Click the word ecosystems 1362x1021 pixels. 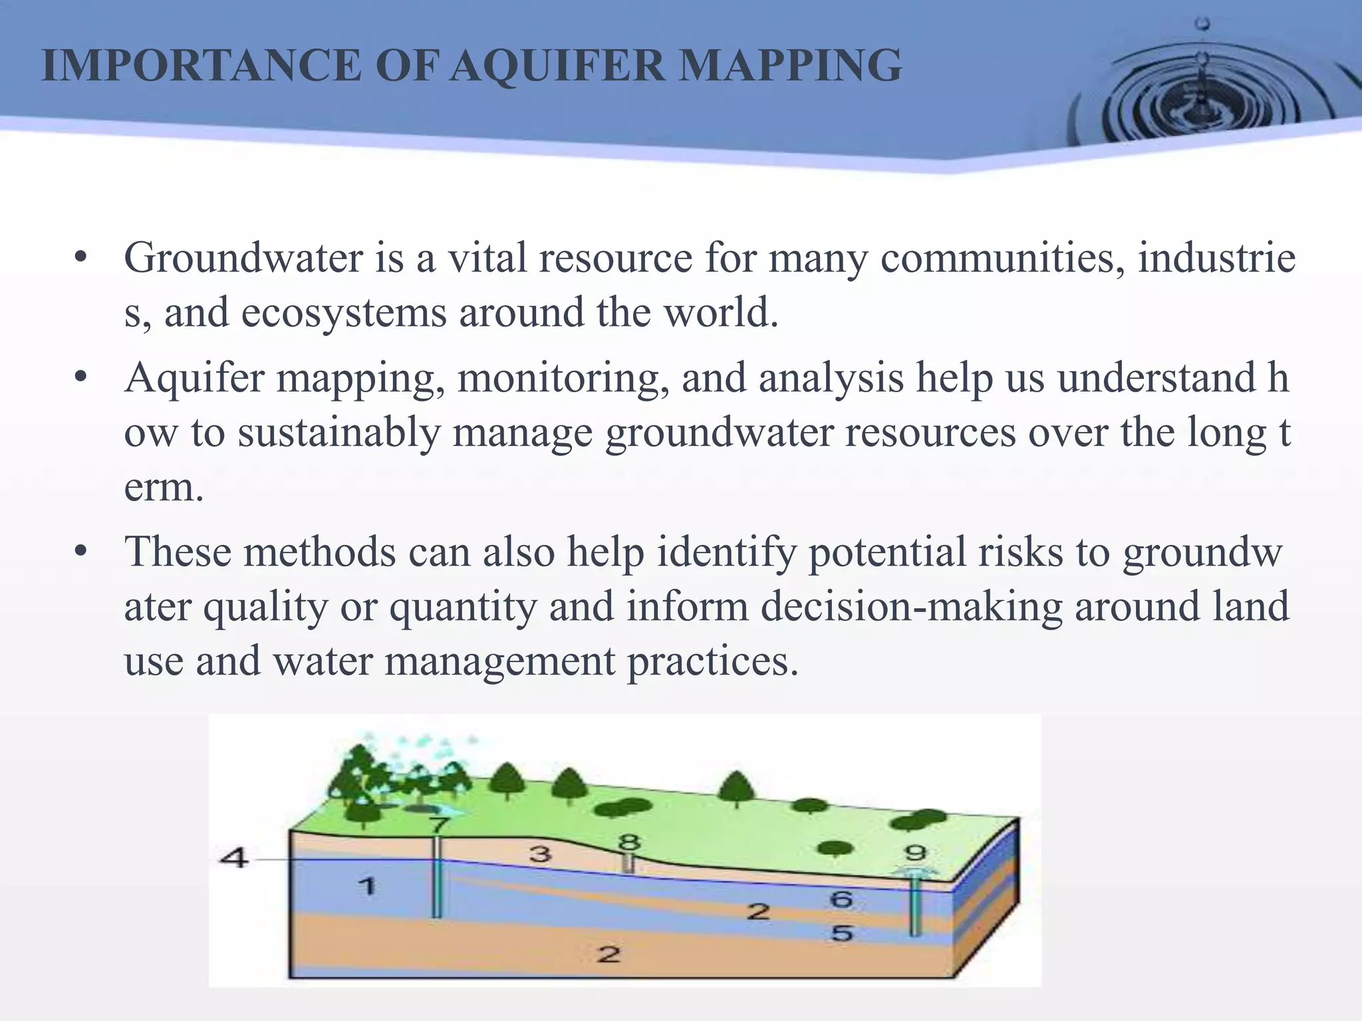pos(343,312)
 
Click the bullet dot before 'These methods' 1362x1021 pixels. pos(81,551)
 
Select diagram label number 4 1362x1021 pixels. pos(233,858)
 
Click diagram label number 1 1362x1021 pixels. pos(366,886)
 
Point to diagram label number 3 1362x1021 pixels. pos(540,853)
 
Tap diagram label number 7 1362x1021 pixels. pos(439,825)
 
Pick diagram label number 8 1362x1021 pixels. pos(628,843)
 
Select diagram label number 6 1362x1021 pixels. pos(841,899)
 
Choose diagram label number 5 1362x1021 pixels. pos(841,933)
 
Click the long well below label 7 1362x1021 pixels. pos(436,884)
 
